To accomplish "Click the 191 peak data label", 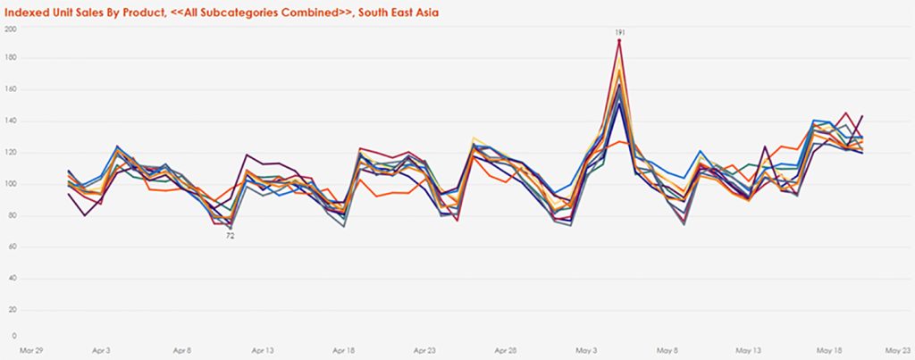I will pos(619,32).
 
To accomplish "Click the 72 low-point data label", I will pos(230,236).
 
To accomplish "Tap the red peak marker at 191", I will pos(619,41).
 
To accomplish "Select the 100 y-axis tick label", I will pos(12,184).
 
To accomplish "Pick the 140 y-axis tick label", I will pos(12,121).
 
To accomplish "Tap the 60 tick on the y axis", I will pos(13,247).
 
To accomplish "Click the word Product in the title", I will pos(139,13).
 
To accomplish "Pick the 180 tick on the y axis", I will pos(12,59).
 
